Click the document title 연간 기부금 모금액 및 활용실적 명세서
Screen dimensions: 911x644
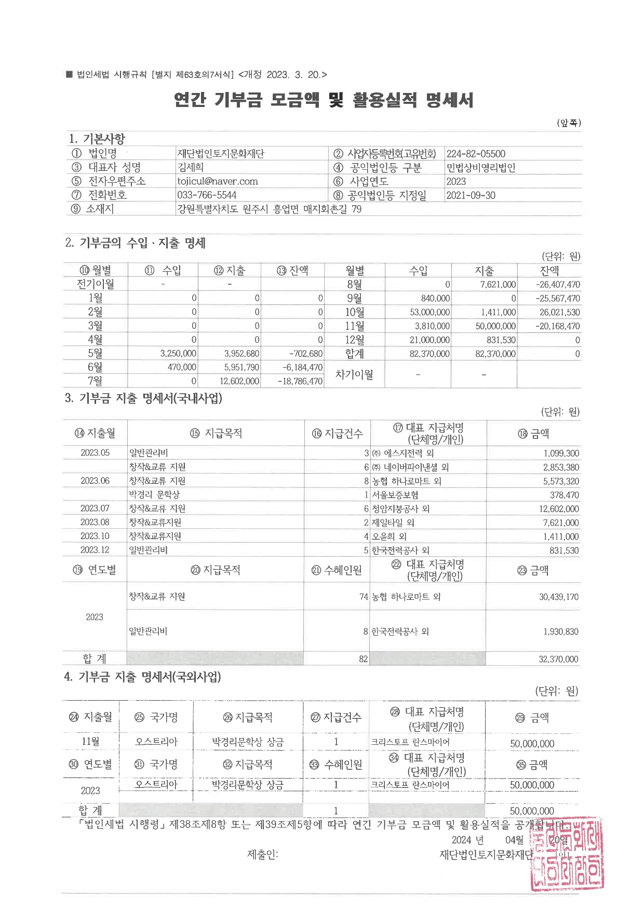tap(324, 99)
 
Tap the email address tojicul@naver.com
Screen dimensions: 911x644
tap(217, 181)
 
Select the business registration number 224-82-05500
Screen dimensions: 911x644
tap(476, 154)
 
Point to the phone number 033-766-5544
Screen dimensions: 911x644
tap(207, 195)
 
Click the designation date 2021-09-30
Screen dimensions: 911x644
tap(471, 195)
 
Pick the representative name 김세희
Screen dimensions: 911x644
tap(191, 167)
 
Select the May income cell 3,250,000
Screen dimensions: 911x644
tap(178, 354)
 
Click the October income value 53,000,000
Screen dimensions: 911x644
tap(430, 312)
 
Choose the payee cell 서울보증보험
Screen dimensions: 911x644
tap(395, 495)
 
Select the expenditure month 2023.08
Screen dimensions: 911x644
tap(95, 523)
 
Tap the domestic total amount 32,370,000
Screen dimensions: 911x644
tap(558, 659)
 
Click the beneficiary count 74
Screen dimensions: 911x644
tap(364, 597)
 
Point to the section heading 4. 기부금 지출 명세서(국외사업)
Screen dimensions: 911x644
tap(142, 677)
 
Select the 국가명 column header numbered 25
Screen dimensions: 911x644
tap(156, 717)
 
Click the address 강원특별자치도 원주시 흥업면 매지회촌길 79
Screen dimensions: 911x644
tap(270, 209)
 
